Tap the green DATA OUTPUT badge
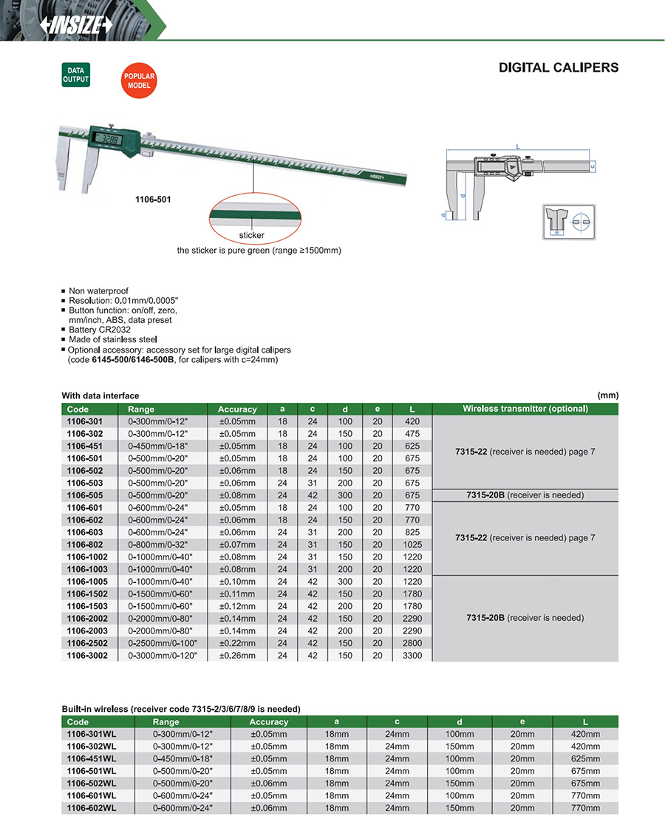tap(75, 75)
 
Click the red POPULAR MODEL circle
tap(139, 81)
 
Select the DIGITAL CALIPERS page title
tap(559, 67)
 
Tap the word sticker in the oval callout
tap(251, 235)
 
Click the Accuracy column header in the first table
tap(237, 409)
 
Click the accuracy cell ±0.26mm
tap(237, 656)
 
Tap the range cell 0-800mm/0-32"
tap(159, 545)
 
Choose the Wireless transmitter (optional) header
tap(525, 409)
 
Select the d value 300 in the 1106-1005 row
tap(346, 582)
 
